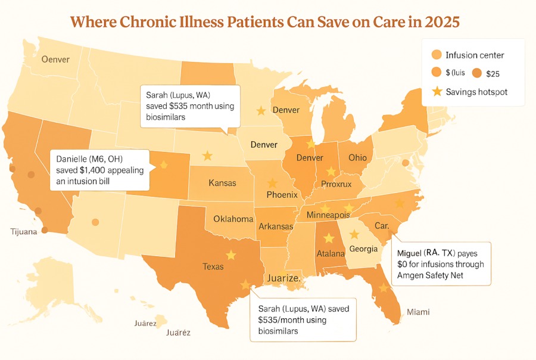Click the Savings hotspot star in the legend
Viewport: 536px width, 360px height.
[437, 92]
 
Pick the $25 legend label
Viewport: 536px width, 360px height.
[493, 73]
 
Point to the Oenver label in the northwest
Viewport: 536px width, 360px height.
[55, 59]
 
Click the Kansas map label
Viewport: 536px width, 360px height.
[222, 182]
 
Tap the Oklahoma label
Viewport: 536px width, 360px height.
[233, 218]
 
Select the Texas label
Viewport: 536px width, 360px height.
[213, 266]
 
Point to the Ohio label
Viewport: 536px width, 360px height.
[357, 158]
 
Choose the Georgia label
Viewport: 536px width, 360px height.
[363, 249]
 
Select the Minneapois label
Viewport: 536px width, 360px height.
[328, 215]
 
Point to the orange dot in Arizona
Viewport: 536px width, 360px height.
[95, 222]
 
